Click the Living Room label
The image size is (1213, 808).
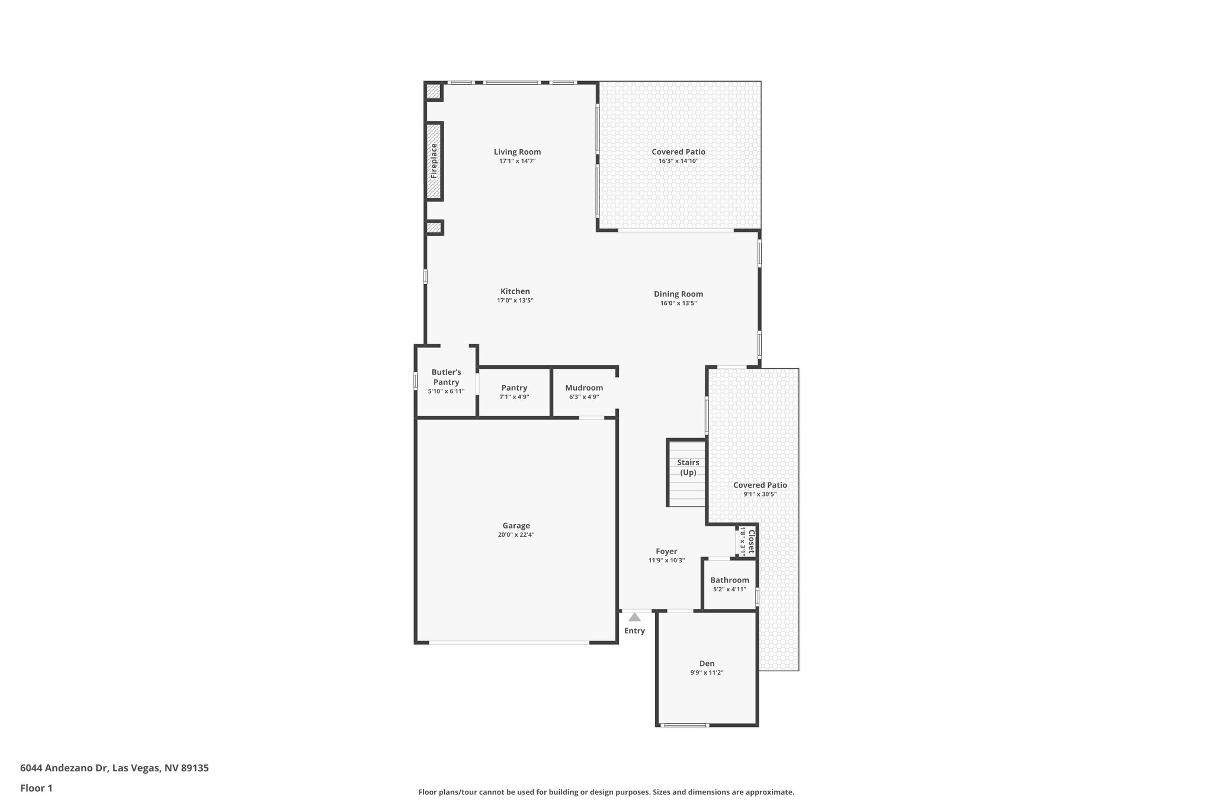[x=517, y=152]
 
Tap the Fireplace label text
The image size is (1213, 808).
[x=434, y=161]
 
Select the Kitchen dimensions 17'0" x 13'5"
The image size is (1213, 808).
[x=515, y=301]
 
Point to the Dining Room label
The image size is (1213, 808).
[x=678, y=294]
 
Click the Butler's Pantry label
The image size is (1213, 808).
[x=446, y=377]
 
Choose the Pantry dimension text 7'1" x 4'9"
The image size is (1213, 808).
[x=514, y=397]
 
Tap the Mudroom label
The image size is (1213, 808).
[x=584, y=388]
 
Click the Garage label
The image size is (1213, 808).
[x=516, y=526]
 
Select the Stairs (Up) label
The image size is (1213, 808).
[x=688, y=467]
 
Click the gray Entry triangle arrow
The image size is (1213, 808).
[x=634, y=617]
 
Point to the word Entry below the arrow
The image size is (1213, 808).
[x=634, y=631]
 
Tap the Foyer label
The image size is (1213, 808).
[x=666, y=551]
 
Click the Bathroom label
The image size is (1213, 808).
[x=729, y=580]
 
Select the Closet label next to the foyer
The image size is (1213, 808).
[x=751, y=542]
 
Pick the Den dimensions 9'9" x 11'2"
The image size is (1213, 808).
[x=707, y=672]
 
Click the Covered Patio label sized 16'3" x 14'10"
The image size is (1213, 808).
[x=678, y=152]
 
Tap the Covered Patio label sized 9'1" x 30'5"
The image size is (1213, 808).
[x=760, y=485]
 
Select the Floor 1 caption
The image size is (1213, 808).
[x=37, y=788]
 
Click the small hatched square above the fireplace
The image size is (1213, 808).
[x=434, y=92]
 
